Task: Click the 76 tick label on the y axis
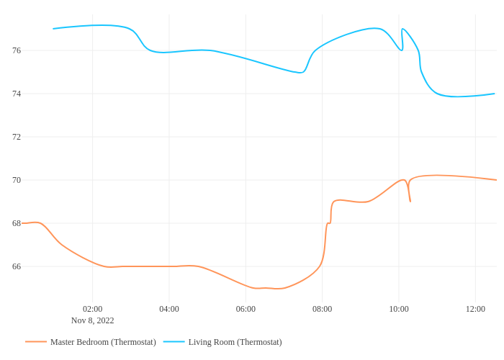17,50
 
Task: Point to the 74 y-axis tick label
17,94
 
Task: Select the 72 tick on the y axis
17,137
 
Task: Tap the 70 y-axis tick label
17,180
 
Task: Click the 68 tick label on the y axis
17,223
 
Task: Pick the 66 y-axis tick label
17,266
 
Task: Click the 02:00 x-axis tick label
92,309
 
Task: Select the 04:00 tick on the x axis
169,309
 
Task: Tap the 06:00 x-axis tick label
246,309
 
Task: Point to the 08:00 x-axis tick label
322,309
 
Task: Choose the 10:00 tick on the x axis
399,309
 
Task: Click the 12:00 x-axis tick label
475,309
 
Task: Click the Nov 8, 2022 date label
92,320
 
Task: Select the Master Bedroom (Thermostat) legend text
103,342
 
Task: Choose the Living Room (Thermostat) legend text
235,342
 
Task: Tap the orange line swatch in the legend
36,342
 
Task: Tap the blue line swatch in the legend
174,342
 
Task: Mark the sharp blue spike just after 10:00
402,30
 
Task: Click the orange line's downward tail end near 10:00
410,202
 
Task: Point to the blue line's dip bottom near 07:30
302,73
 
